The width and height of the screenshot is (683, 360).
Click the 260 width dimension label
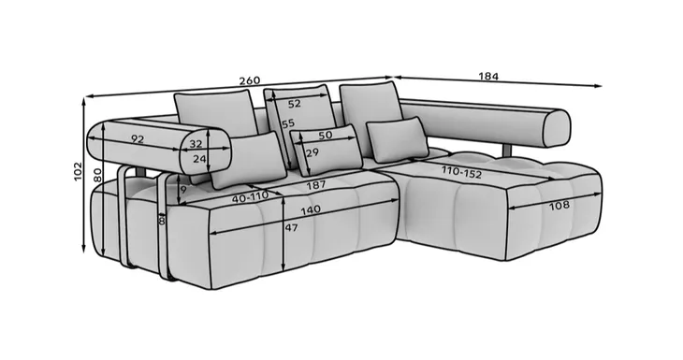coord(250,81)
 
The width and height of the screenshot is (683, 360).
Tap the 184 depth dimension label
coord(488,77)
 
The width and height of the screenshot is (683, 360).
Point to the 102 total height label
coord(78,171)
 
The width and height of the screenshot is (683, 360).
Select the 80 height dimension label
coord(97,175)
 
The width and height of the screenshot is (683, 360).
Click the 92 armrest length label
coord(138,139)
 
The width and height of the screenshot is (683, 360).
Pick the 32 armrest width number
coord(196,144)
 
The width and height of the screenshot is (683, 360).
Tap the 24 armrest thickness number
coord(199,159)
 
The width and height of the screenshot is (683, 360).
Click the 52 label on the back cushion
coord(295,104)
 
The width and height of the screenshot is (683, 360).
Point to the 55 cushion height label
coord(288,124)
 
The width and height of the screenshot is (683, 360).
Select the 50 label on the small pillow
coord(326,136)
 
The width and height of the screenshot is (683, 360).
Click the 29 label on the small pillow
coord(312,152)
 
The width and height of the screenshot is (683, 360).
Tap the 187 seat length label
coord(316,185)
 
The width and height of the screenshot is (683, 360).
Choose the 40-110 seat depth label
coord(251,197)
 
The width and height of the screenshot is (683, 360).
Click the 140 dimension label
coord(311,210)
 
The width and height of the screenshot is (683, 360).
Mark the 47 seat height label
coord(291,227)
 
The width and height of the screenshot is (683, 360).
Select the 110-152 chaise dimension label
coord(461,172)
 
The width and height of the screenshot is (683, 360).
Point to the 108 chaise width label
coord(559,205)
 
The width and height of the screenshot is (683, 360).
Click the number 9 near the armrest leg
coord(183,190)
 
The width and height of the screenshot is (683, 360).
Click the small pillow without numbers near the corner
coord(398,139)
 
